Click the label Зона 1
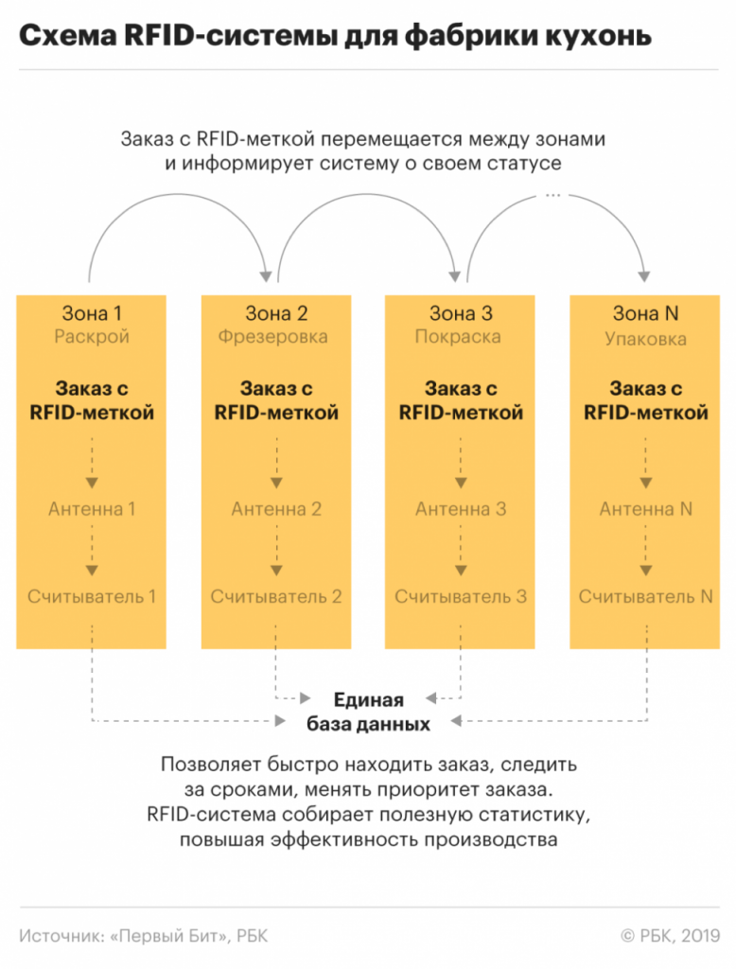pyautogui.click(x=92, y=313)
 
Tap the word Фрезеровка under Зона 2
pyautogui.click(x=276, y=337)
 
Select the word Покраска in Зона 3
pyautogui.click(x=460, y=337)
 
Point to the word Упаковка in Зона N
pyautogui.click(x=645, y=338)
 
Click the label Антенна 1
pyautogui.click(x=92, y=509)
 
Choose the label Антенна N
pyautogui.click(x=645, y=509)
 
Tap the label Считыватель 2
pyautogui.click(x=276, y=597)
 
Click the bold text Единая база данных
pyautogui.click(x=368, y=713)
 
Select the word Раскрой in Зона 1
pyautogui.click(x=92, y=337)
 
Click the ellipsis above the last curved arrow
pyautogui.click(x=553, y=194)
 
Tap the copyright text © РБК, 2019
pyautogui.click(x=669, y=936)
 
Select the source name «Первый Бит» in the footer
pyautogui.click(x=169, y=936)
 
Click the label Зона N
pyautogui.click(x=645, y=313)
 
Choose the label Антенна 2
pyautogui.click(x=276, y=509)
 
